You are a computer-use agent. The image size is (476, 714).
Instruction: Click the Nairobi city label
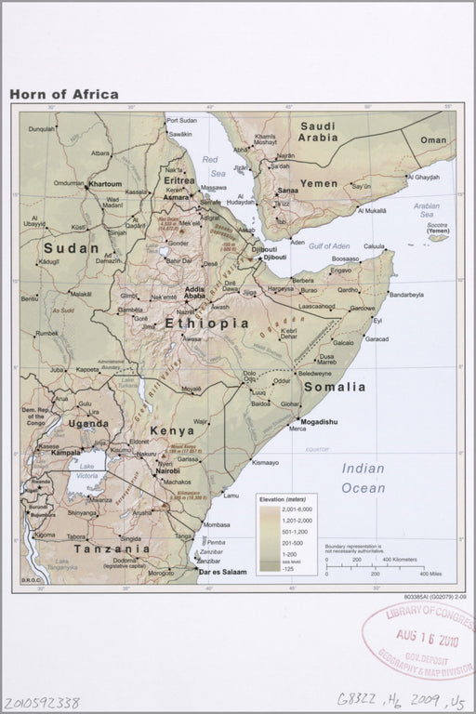[167, 471]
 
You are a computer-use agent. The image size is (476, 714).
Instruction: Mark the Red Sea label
[215, 166]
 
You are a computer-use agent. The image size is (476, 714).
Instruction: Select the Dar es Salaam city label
[223, 572]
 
